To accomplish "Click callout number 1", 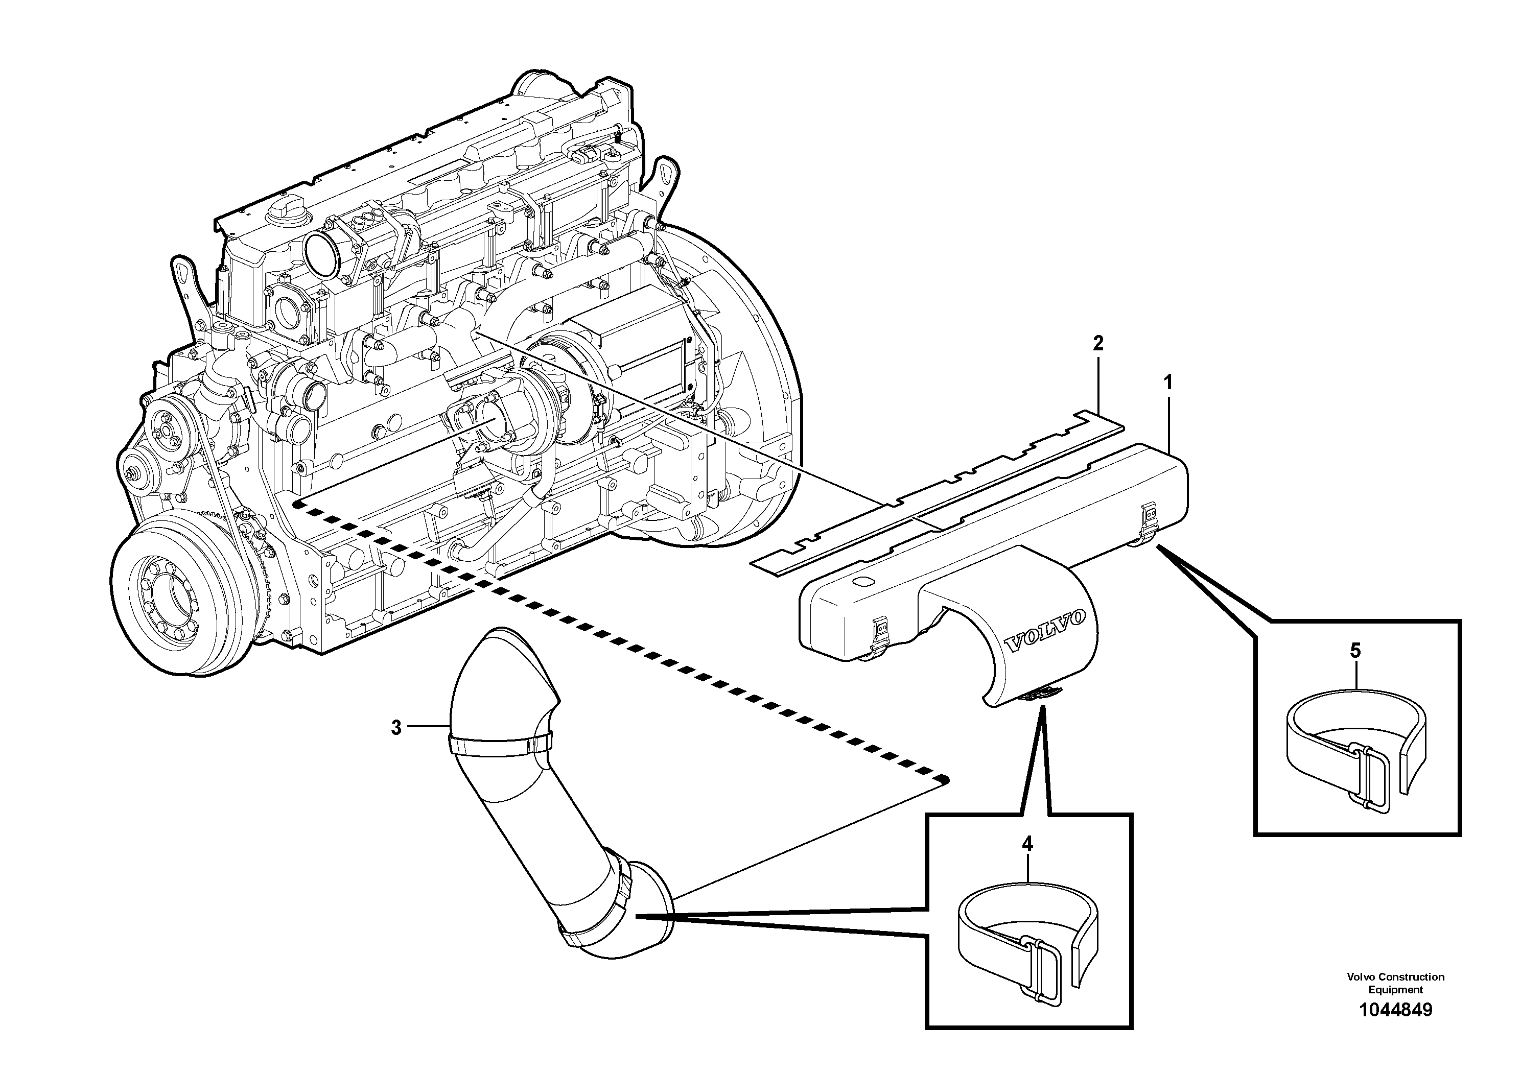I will point(1168,383).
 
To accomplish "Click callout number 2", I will point(1098,343).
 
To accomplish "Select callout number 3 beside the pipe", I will point(396,728).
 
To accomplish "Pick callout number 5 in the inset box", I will point(1355,651).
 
